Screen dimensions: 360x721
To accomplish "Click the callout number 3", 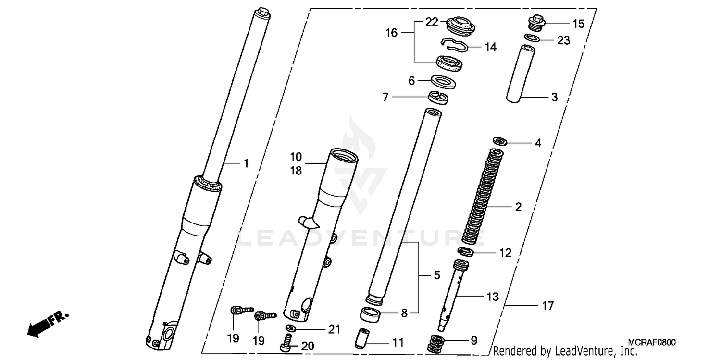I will coord(554,98).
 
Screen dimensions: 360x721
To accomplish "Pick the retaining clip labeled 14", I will coord(454,45).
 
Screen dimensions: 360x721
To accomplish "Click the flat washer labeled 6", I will coord(440,81).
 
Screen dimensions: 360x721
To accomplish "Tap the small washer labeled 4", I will coord(500,141).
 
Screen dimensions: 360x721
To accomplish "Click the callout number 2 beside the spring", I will coord(518,207).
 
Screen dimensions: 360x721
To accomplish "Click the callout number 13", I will coord(493,297).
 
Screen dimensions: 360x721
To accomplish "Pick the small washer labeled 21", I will coord(289,328).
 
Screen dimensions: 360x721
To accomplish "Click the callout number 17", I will coord(547,305).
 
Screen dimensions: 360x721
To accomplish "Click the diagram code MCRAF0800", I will coord(653,342).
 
